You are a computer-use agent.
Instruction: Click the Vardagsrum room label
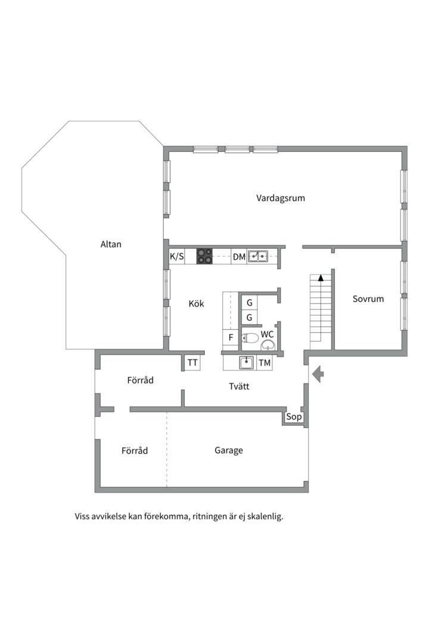[281, 198]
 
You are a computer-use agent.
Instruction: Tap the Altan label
[111, 244]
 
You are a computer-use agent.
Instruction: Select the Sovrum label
[368, 298]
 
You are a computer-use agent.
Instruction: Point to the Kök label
[196, 304]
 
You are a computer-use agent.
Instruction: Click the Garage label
[229, 450]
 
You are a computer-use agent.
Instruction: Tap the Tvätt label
[239, 386]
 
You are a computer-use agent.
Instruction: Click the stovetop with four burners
[204, 256]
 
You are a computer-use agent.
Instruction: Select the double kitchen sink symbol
[257, 256]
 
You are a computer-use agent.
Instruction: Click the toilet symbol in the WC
[250, 338]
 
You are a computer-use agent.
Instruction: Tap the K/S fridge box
[177, 256]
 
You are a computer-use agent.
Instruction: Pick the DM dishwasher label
[239, 257]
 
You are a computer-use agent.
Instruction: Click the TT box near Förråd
[192, 363]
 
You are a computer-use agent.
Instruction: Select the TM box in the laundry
[265, 363]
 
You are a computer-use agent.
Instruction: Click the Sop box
[294, 417]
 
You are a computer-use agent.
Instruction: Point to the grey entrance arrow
[318, 374]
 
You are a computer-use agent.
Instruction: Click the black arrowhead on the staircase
[321, 277]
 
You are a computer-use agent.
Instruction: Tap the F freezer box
[231, 338]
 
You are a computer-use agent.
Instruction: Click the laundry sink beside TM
[246, 363]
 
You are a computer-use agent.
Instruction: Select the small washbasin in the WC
[268, 345]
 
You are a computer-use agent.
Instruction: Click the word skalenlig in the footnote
[266, 516]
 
